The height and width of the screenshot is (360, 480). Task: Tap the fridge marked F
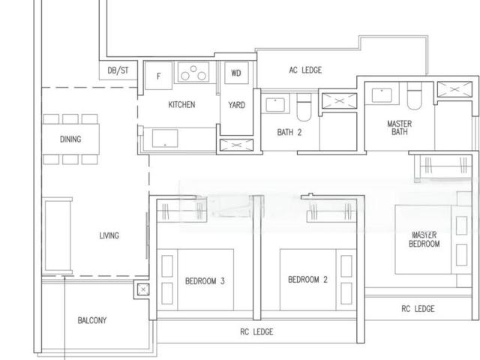(159, 75)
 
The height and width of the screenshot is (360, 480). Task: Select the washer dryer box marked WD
(236, 73)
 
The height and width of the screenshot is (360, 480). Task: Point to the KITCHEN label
(181, 105)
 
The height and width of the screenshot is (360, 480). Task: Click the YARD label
(236, 105)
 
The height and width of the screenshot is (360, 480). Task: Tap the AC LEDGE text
(305, 70)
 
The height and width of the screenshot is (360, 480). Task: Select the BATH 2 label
(289, 133)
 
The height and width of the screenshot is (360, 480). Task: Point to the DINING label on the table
(70, 139)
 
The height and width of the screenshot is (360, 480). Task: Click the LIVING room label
(109, 235)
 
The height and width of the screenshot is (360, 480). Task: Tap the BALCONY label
(91, 320)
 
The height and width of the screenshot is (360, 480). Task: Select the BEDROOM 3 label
(205, 282)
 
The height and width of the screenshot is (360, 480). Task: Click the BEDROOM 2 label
(307, 280)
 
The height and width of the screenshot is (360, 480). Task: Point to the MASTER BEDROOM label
(424, 239)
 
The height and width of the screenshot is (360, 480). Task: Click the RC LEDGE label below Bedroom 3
(257, 331)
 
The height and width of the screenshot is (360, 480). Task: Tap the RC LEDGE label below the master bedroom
(418, 308)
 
